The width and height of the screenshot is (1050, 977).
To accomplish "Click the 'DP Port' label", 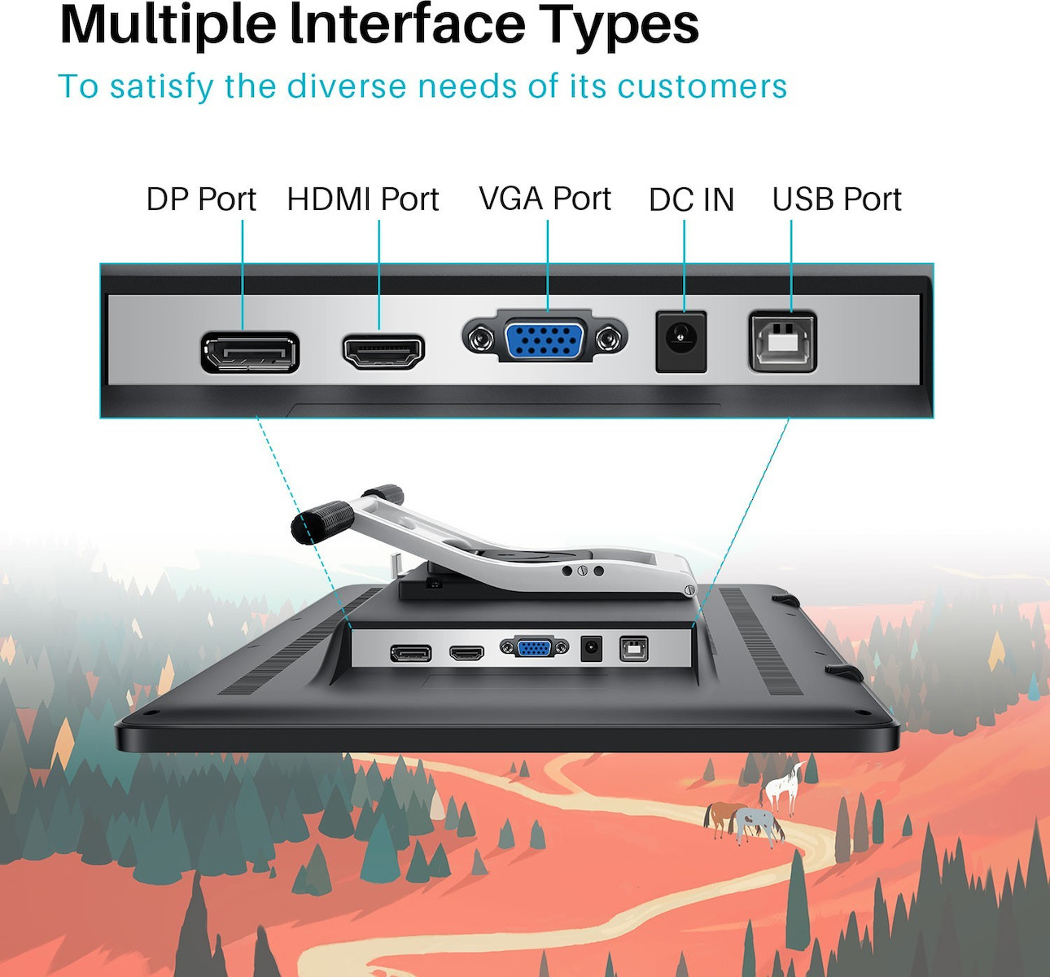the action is pyautogui.click(x=201, y=199).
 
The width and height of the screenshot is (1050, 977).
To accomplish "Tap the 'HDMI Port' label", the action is pyautogui.click(x=363, y=199).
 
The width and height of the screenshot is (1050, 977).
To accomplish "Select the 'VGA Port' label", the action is pyautogui.click(x=545, y=199).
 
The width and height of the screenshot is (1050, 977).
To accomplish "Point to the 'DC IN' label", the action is pyautogui.click(x=692, y=200).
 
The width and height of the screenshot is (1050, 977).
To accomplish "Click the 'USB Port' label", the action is pyautogui.click(x=837, y=199).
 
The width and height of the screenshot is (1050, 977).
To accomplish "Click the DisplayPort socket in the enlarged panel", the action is pyautogui.click(x=250, y=353).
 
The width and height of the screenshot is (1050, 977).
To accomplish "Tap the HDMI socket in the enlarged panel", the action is pyautogui.click(x=384, y=351).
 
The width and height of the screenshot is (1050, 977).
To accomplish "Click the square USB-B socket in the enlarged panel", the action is pyautogui.click(x=783, y=341).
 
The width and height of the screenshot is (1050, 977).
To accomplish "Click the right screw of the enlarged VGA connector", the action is pyautogui.click(x=610, y=338).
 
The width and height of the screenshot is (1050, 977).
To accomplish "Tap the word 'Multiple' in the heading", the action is pyautogui.click(x=168, y=26).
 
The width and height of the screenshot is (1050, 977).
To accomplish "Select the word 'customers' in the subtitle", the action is pyautogui.click(x=702, y=86).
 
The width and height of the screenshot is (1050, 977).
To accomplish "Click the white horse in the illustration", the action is pyautogui.click(x=783, y=787).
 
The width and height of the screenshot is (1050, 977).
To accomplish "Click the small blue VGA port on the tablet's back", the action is pyautogui.click(x=535, y=647).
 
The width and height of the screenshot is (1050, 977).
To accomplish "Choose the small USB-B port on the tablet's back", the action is pyautogui.click(x=634, y=649).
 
